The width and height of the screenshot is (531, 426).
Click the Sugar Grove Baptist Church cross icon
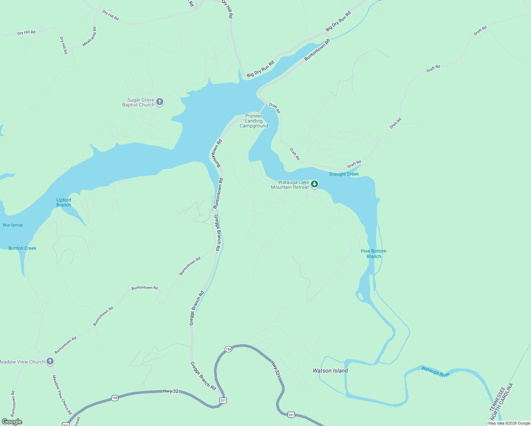(x=160, y=102)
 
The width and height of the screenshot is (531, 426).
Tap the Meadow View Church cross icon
(x=50, y=362)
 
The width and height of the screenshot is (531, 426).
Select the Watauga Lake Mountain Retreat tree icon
(x=314, y=184)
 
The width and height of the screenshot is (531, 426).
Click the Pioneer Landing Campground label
(x=254, y=121)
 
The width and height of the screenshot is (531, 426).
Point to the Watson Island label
(x=330, y=371)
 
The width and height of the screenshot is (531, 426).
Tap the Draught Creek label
(x=344, y=174)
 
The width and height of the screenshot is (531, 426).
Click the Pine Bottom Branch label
(x=373, y=253)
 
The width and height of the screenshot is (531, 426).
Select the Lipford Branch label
(x=64, y=202)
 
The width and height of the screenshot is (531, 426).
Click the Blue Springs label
(x=13, y=225)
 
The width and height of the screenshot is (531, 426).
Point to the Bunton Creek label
(x=22, y=248)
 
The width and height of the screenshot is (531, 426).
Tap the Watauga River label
(x=436, y=371)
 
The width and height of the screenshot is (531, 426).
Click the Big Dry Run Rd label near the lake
(x=261, y=69)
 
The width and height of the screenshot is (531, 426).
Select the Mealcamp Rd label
(x=89, y=37)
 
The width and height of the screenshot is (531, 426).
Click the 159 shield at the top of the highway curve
(x=228, y=349)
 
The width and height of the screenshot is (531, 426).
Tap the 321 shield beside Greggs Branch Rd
(x=223, y=400)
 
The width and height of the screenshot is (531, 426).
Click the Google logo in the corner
(x=12, y=422)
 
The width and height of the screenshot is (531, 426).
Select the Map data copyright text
(x=509, y=423)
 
